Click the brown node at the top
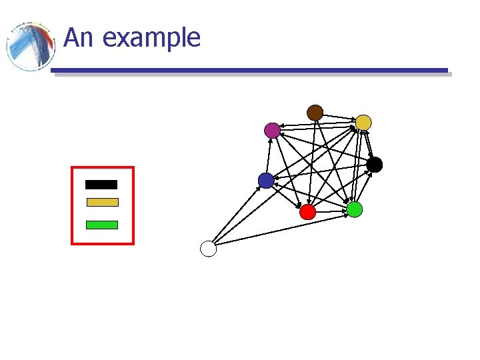[x=315, y=113]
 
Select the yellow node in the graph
[x=363, y=122]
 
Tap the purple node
[x=272, y=130]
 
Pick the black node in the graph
[x=375, y=165]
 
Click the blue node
[x=266, y=181]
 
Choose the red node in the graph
[x=307, y=212]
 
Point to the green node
[x=355, y=209]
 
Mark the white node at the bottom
[x=209, y=249]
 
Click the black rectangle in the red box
[x=101, y=185]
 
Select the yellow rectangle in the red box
[x=102, y=202]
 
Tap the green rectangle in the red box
[x=102, y=225]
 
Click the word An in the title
[x=78, y=38]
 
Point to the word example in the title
[x=151, y=38]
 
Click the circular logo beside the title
[x=30, y=47]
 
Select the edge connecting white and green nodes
[x=280, y=230]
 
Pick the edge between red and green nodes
[x=331, y=211]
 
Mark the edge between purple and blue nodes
[x=269, y=155]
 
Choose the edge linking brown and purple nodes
[x=293, y=121]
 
